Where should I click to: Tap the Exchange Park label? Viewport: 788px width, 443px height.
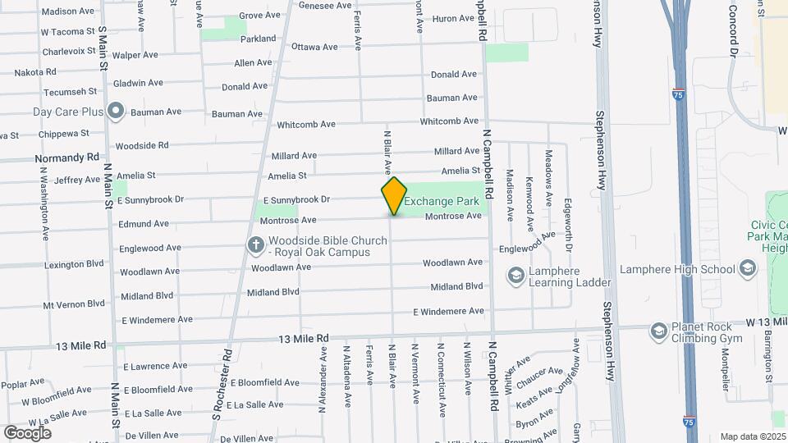tap(441, 201)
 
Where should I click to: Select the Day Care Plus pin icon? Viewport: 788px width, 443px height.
tap(116, 111)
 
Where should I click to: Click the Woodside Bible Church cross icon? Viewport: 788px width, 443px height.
tap(256, 244)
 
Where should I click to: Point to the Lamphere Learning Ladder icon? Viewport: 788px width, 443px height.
tap(516, 276)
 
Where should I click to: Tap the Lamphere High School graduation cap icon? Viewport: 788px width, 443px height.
tap(748, 268)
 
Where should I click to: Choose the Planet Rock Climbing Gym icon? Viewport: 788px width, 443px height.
tap(658, 331)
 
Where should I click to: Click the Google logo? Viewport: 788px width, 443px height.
tap(27, 432)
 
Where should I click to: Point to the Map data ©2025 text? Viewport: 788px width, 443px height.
tap(753, 436)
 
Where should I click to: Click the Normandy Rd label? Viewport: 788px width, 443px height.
tap(66, 157)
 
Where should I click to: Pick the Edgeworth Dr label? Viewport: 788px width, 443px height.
tap(567, 224)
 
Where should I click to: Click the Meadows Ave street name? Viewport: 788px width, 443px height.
tap(548, 178)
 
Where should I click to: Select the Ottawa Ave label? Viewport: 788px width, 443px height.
tap(314, 47)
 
